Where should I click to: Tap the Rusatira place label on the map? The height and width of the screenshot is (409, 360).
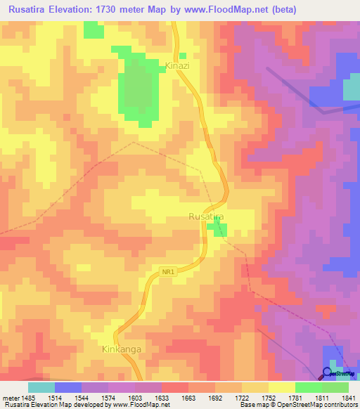coord(206,217)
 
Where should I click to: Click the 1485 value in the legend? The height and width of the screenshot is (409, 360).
coord(28,398)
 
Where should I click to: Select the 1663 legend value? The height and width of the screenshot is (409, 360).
coord(188,398)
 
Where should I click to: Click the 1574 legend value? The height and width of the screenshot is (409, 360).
coord(108,398)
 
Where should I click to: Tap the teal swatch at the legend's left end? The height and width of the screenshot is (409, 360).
coord(41,387)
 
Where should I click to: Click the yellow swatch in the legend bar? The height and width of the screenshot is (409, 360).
coord(281,387)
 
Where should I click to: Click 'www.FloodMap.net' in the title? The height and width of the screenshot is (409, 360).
coord(214,9)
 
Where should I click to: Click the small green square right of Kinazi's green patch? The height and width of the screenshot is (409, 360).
coord(183,56)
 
